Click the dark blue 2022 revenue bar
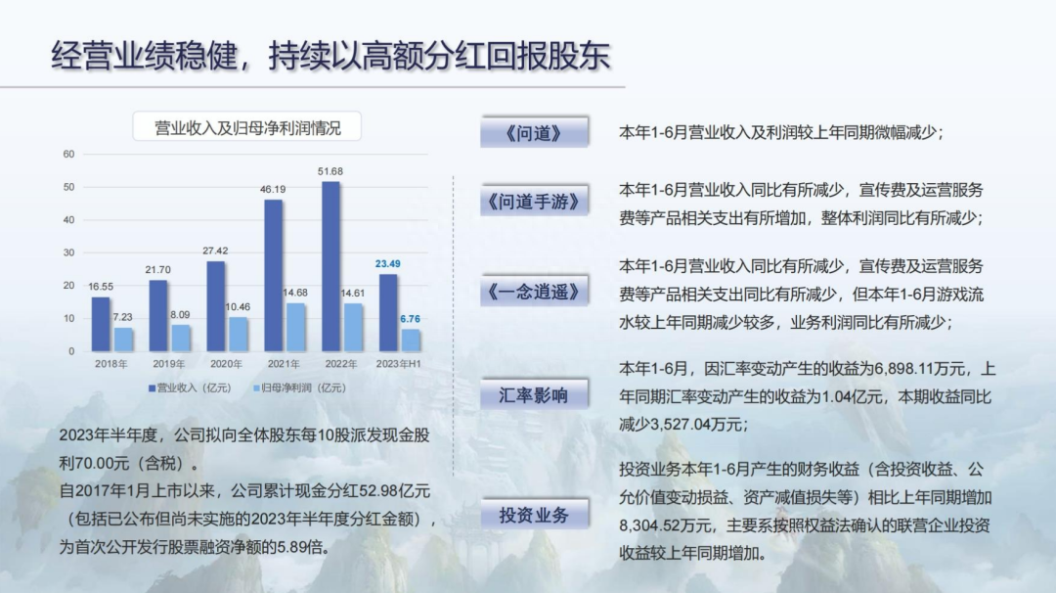[330, 266]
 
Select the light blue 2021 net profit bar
[295, 327]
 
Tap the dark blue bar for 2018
[101, 324]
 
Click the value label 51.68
[330, 172]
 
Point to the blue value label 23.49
[388, 264]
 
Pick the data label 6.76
[410, 319]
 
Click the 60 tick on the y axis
[68, 155]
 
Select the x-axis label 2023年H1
[398, 364]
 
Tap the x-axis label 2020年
[226, 364]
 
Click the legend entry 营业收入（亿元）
[190, 388]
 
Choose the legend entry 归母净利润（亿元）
[300, 388]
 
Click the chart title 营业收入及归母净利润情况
[247, 127]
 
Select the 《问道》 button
[534, 132]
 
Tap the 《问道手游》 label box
[534, 201]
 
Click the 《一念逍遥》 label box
[534, 291]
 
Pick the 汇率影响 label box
[534, 394]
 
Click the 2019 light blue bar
[181, 338]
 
